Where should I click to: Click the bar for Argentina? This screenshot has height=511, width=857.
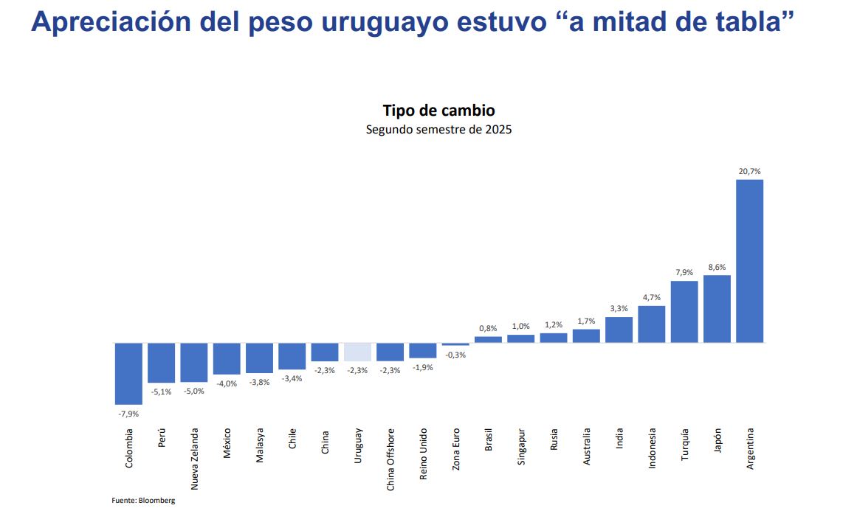pyautogui.click(x=749, y=261)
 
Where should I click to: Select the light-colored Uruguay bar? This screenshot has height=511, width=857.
pyautogui.click(x=357, y=352)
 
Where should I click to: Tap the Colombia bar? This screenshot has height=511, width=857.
pyautogui.click(x=128, y=373)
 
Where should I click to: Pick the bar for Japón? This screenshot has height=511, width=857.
pyautogui.click(x=717, y=309)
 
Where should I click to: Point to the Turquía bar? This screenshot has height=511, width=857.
pyautogui.click(x=684, y=311)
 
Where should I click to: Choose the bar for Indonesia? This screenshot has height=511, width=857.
pyautogui.click(x=651, y=324)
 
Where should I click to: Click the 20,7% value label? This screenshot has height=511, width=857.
pyautogui.click(x=749, y=171)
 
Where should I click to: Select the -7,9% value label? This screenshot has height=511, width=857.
pyautogui.click(x=128, y=414)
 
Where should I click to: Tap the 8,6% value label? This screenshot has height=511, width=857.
pyautogui.click(x=717, y=267)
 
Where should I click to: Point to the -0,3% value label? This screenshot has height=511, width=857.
pyautogui.click(x=455, y=355)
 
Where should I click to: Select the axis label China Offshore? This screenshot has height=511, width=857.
pyautogui.click(x=390, y=459)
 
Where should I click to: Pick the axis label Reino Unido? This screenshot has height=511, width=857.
pyautogui.click(x=423, y=453)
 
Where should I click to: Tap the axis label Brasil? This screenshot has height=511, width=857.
pyautogui.click(x=488, y=440)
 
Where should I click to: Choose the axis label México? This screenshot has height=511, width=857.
pyautogui.click(x=227, y=442)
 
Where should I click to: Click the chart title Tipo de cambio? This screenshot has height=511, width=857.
pyautogui.click(x=438, y=111)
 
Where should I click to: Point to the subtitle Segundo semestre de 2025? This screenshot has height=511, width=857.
pyautogui.click(x=438, y=129)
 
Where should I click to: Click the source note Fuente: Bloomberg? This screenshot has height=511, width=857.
pyautogui.click(x=143, y=500)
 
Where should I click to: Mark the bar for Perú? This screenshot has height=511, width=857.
pyautogui.click(x=162, y=362)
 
